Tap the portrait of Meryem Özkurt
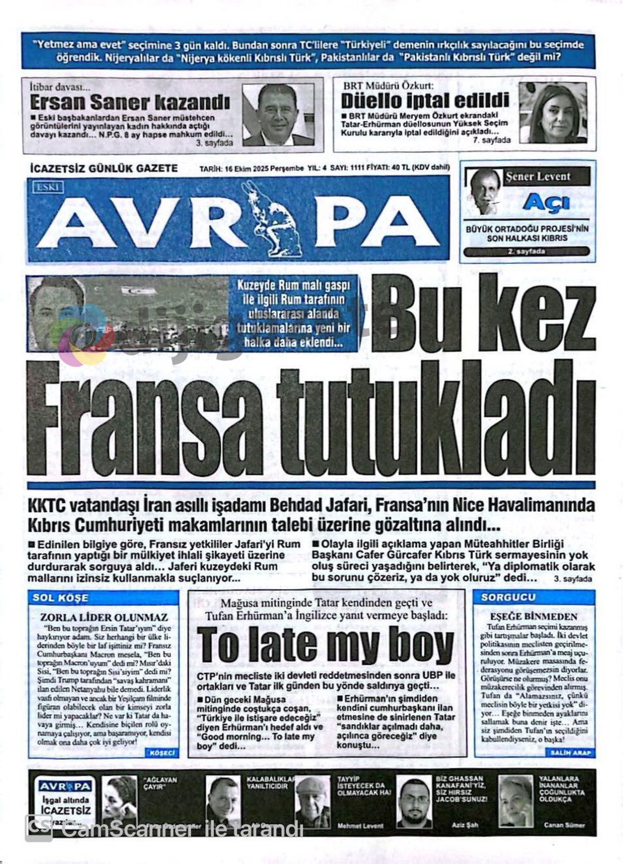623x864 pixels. pos(552,113)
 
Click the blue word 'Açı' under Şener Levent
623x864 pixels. pos(546,203)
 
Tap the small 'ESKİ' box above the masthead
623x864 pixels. pos(48,188)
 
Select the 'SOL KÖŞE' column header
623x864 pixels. pos(60,598)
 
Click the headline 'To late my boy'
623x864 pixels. pos(325,645)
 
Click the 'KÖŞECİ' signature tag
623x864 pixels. pos(162,753)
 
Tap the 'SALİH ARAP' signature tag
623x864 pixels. pos(570,752)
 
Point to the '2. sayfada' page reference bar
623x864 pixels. pos(526,252)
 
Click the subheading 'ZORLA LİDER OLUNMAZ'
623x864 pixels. pos(104,618)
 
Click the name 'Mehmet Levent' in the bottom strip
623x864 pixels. pos(360,826)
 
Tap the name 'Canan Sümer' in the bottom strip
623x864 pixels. pos(564,825)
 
